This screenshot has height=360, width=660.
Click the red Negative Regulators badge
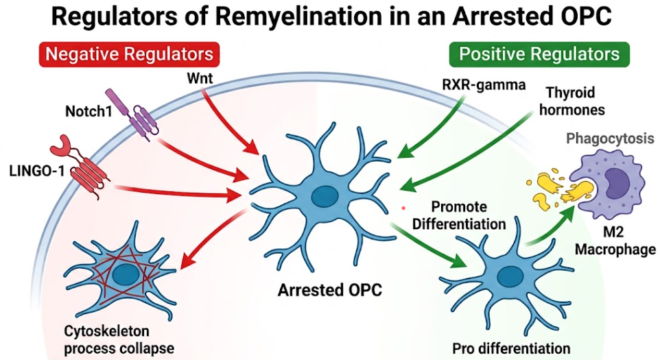point(129,54)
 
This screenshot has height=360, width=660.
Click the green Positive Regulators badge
point(539,54)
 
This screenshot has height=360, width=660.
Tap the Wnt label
point(200,77)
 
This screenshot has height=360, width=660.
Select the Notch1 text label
point(89,111)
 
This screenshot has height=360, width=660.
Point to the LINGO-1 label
point(36,171)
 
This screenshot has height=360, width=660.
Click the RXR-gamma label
point(484,85)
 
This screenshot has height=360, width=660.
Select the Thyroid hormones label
point(572,101)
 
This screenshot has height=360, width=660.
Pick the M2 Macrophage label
point(615,241)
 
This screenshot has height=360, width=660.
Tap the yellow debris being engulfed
point(556,188)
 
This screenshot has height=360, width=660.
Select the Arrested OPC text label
point(329,290)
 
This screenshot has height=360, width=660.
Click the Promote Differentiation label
point(459,215)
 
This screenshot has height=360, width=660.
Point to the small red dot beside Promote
point(403,208)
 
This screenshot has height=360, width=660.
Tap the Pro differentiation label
point(511,348)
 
